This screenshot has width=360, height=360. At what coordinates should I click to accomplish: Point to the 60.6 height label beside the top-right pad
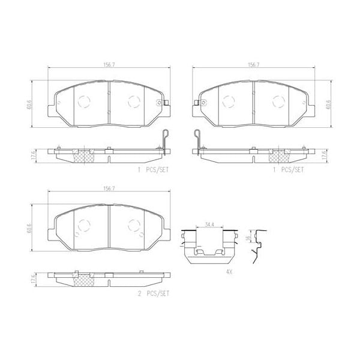(329, 104)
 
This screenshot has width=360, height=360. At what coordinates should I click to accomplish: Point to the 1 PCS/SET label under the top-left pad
(153, 170)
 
